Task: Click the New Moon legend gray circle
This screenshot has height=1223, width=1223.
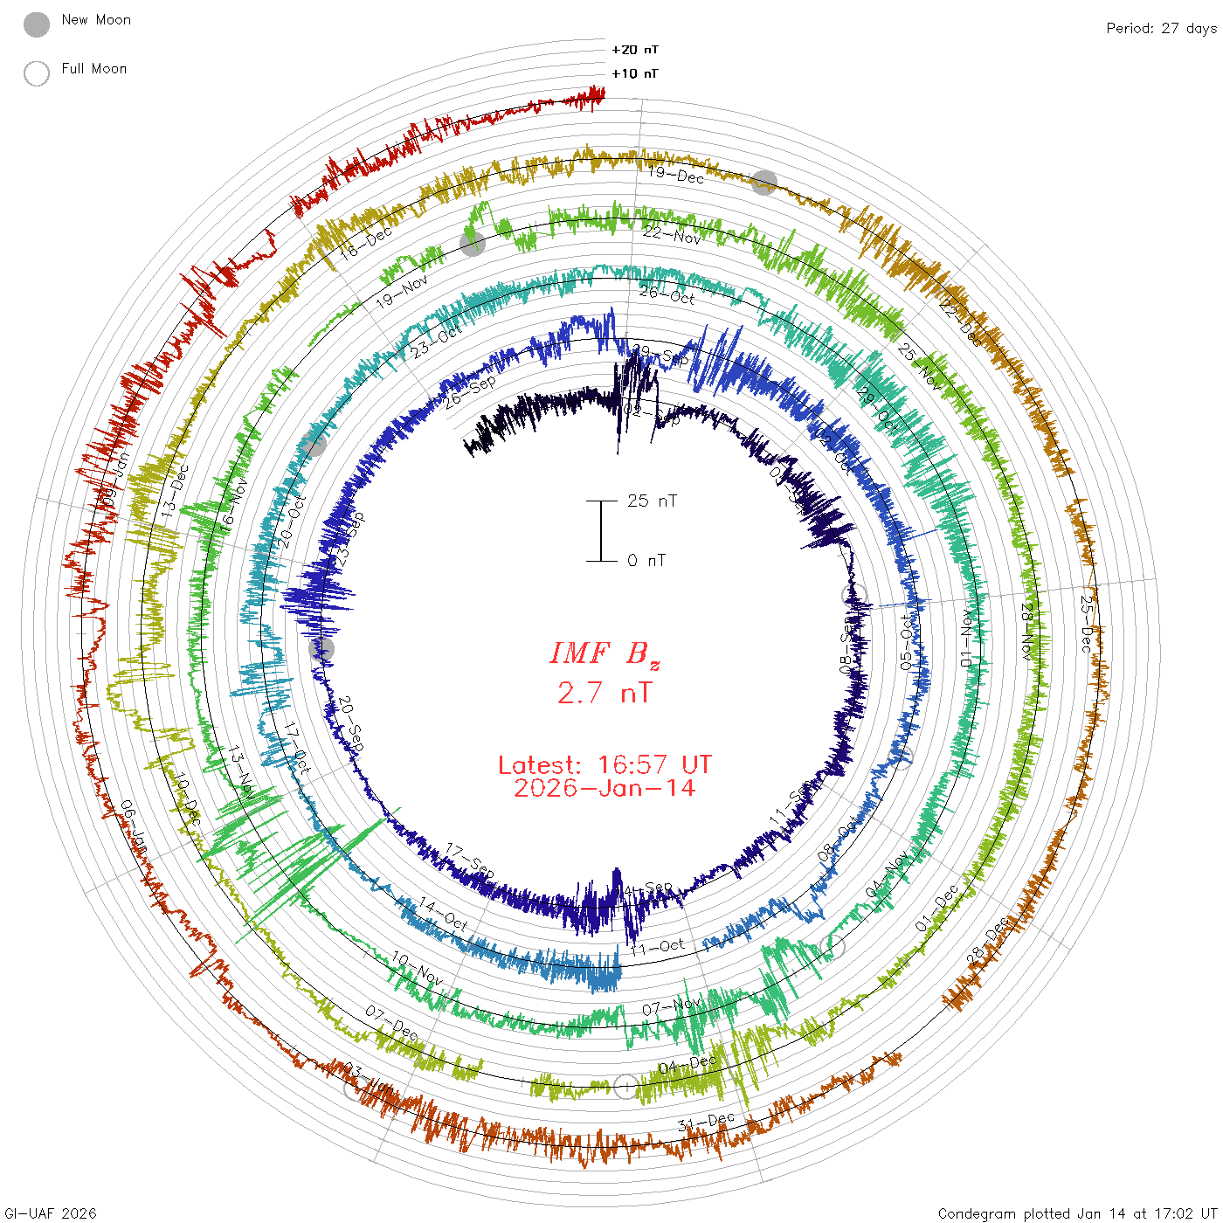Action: tap(37, 24)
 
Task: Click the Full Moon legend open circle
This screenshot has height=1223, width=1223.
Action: tap(37, 73)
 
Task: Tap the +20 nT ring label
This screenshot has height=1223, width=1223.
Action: tap(635, 50)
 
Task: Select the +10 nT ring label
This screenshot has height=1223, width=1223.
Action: tap(635, 73)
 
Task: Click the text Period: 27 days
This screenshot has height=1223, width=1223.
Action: tap(1161, 28)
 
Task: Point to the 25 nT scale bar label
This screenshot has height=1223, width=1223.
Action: tap(652, 501)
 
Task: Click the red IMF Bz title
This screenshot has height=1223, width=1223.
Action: tap(605, 653)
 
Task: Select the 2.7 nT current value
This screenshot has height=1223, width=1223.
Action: tap(605, 693)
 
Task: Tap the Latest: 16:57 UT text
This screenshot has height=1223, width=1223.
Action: tap(605, 765)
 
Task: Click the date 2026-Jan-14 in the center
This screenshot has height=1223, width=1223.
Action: tap(605, 788)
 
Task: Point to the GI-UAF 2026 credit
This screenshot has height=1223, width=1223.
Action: tap(50, 1213)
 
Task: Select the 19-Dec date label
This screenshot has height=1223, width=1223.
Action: tap(676, 175)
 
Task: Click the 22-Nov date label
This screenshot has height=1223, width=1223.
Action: tap(672, 234)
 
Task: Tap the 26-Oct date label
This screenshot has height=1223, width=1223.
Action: tap(667, 294)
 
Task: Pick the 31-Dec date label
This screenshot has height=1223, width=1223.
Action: tap(706, 1122)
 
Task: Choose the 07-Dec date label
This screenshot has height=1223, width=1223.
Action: tap(391, 1024)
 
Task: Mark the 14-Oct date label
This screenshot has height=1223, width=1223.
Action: tap(444, 914)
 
